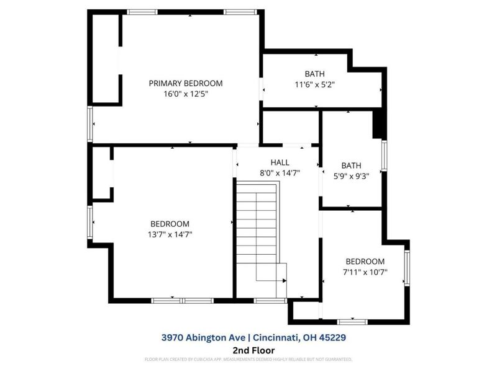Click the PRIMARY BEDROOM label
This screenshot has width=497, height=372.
tap(185, 83)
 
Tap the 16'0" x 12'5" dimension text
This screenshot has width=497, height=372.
tap(185, 94)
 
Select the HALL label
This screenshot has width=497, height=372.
tap(280, 162)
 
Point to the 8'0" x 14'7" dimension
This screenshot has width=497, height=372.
tap(280, 173)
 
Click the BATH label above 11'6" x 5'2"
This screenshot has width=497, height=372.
tap(314, 74)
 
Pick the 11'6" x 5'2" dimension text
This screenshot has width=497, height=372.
tap(314, 85)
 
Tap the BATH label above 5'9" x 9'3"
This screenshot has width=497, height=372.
tap(351, 166)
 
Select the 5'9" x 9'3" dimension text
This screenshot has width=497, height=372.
tap(351, 176)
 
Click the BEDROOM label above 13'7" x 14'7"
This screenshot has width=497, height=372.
tap(170, 224)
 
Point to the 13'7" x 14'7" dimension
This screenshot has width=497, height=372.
tap(170, 234)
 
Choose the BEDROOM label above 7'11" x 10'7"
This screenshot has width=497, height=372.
tap(365, 261)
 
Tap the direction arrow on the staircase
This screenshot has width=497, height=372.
tap(283, 280)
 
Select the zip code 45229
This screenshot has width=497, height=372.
tap(332, 338)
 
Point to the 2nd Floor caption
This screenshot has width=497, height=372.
tap(248, 350)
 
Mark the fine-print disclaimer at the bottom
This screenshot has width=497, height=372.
tap(248, 359)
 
